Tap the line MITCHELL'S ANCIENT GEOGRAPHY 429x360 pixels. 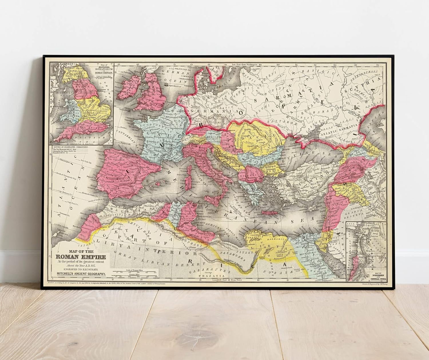tap(82, 274)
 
